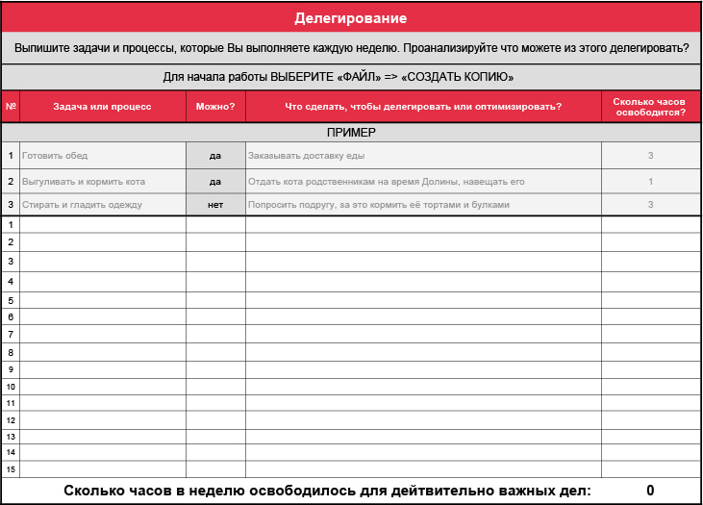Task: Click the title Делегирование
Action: pos(351,18)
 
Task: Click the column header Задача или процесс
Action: pos(103,107)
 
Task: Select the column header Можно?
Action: pos(215,107)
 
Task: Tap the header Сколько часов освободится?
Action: pos(650,107)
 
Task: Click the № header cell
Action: pos(11,107)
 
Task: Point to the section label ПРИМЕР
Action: pos(351,132)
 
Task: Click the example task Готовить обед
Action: pos(54,156)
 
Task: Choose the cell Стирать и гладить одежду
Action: pos(82,205)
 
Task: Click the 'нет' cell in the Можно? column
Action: pos(215,205)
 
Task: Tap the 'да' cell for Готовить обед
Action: pos(215,156)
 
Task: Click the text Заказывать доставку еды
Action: pos(306,156)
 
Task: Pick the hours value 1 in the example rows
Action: pos(651,181)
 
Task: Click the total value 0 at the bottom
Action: pos(650,491)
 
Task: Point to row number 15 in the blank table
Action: pos(11,469)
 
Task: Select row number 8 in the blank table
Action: pos(11,352)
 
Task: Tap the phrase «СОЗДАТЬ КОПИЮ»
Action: pos(457,77)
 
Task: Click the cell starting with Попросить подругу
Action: pos(378,205)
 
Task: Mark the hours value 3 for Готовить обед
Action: pos(651,156)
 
